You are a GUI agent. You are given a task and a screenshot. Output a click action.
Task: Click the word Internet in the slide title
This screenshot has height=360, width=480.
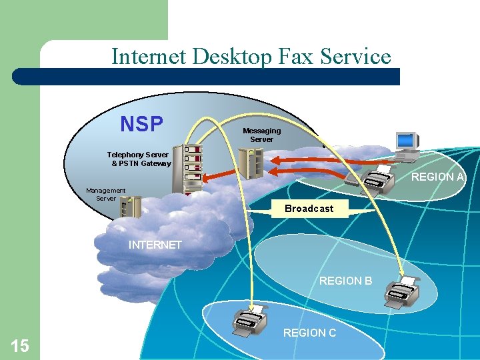tap(149, 56)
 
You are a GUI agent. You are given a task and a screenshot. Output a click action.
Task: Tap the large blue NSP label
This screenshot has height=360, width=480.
tap(141, 124)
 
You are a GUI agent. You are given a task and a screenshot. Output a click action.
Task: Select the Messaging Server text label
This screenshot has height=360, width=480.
tap(261, 135)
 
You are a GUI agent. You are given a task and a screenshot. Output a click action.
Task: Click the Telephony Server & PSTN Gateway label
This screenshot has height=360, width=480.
tap(139, 159)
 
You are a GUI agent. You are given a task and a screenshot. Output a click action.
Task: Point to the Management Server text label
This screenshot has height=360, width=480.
tap(105, 194)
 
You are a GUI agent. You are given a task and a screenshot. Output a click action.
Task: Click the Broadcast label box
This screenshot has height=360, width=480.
tap(309, 209)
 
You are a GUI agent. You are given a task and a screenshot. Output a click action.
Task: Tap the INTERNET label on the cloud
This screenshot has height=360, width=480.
tap(155, 245)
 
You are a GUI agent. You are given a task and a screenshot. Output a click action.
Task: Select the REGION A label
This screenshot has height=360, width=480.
tap(437, 177)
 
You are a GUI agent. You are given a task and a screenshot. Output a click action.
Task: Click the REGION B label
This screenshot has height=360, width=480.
tap(345, 281)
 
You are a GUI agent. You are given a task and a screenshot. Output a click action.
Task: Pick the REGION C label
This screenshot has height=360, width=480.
tap(309, 333)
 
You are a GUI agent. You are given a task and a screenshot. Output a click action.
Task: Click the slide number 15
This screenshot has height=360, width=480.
tap(20, 345)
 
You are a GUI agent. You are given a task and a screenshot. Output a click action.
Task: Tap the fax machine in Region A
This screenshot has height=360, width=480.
tap(376, 179)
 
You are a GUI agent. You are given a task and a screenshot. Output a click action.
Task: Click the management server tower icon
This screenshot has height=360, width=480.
tap(128, 207)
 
